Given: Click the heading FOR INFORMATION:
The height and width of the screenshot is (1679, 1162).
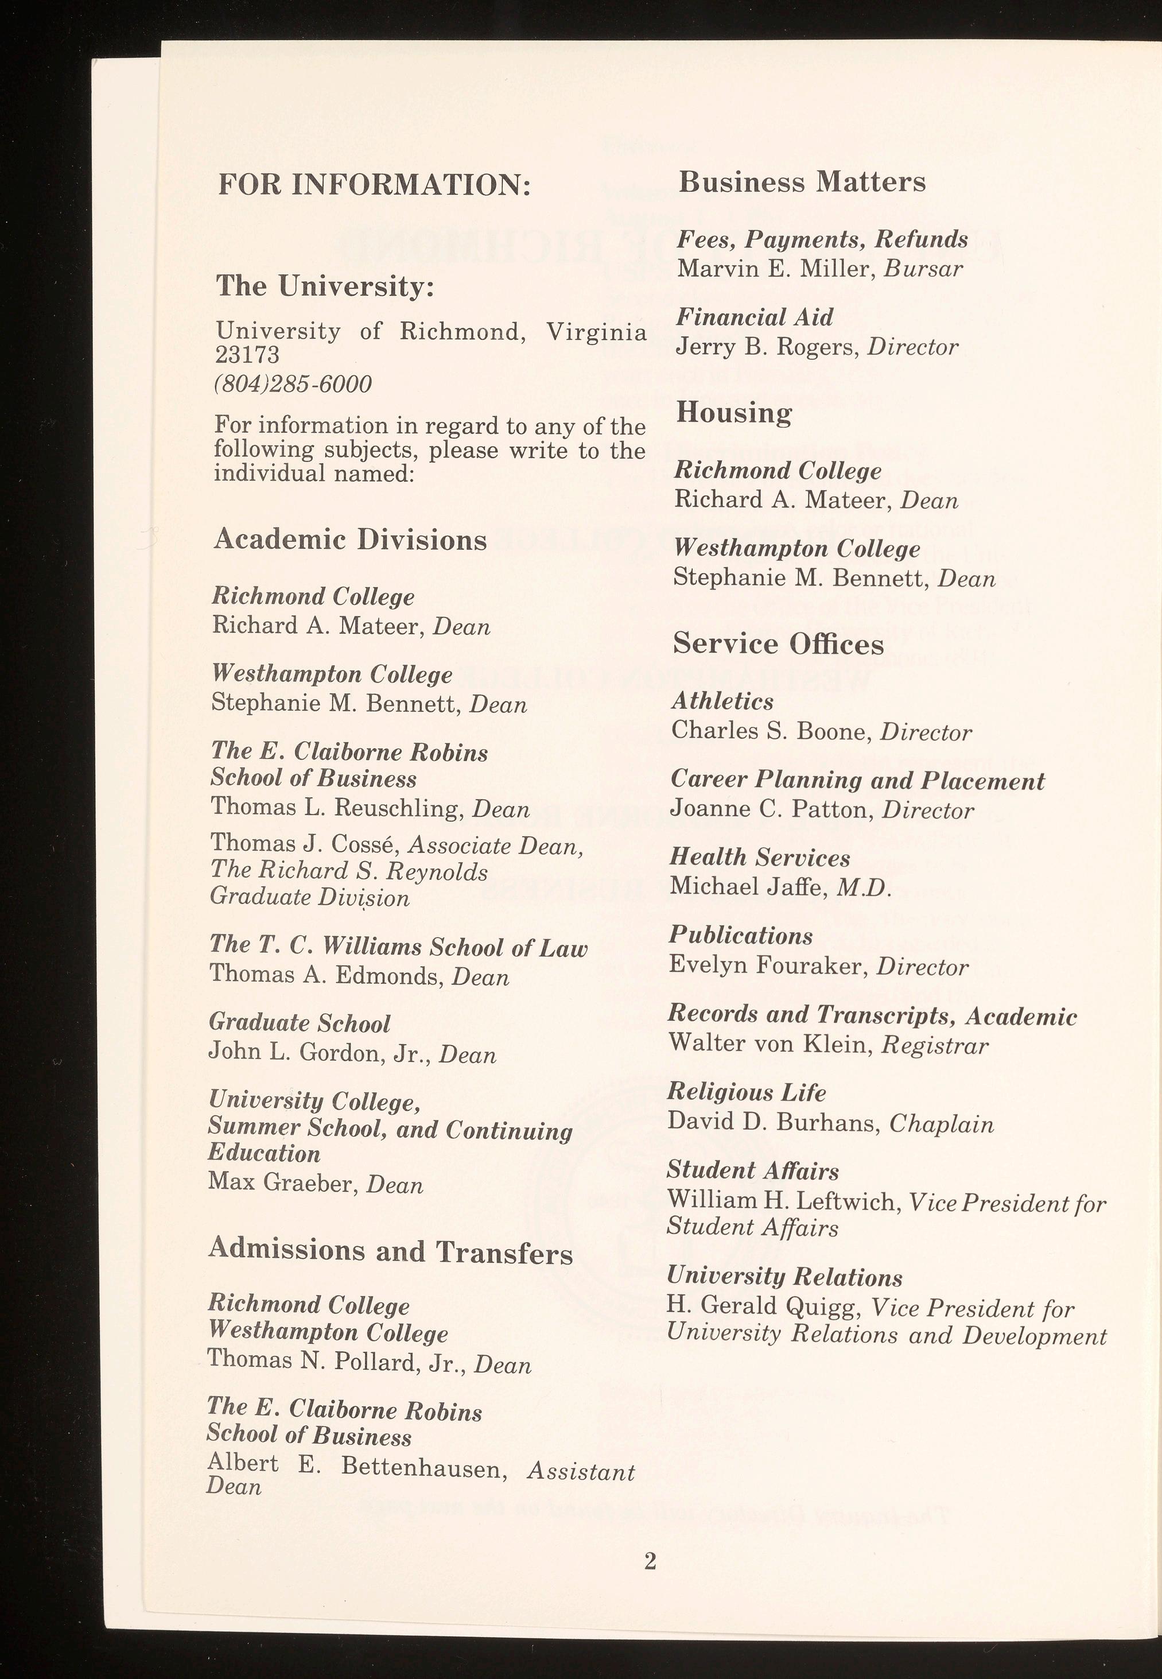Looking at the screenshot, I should [374, 185].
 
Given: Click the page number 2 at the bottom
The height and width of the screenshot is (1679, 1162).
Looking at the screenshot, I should [650, 1560].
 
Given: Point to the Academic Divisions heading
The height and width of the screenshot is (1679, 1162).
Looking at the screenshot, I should [350, 540].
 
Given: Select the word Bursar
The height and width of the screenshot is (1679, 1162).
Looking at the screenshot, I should [923, 269].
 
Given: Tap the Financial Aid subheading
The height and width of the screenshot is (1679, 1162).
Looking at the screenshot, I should [754, 317].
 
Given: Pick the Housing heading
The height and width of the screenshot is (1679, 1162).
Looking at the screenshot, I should [733, 413].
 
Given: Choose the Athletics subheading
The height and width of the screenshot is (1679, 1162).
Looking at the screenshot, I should [722, 701].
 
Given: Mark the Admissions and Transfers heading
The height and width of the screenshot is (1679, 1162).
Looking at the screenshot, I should [390, 1251].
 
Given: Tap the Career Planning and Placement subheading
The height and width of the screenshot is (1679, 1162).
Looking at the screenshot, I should [857, 781].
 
